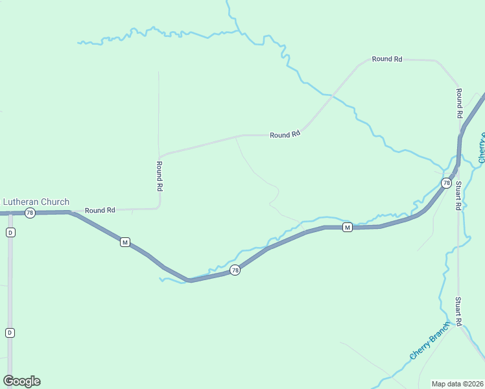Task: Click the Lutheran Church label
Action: coord(36,202)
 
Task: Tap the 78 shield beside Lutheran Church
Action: coord(29,213)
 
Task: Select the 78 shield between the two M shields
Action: coord(235,270)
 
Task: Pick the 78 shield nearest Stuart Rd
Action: coord(446,183)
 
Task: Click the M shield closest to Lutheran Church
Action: coord(125,242)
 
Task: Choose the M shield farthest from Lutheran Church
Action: coord(347,227)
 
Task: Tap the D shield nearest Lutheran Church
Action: coord(10,232)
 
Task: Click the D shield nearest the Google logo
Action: coord(10,333)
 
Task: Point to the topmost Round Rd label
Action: coord(387,59)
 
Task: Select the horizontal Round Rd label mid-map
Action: coord(285,135)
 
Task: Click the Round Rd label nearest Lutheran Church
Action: coord(100,210)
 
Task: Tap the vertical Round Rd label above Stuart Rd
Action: coord(458,102)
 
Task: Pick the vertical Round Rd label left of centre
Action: coord(159,176)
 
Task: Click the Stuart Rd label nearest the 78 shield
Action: coord(458,195)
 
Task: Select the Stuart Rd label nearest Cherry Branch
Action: coord(458,311)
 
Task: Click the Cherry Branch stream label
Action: coord(429,341)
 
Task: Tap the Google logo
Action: coord(21,381)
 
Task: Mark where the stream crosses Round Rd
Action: coord(330,96)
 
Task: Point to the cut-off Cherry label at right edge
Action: coord(482,148)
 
